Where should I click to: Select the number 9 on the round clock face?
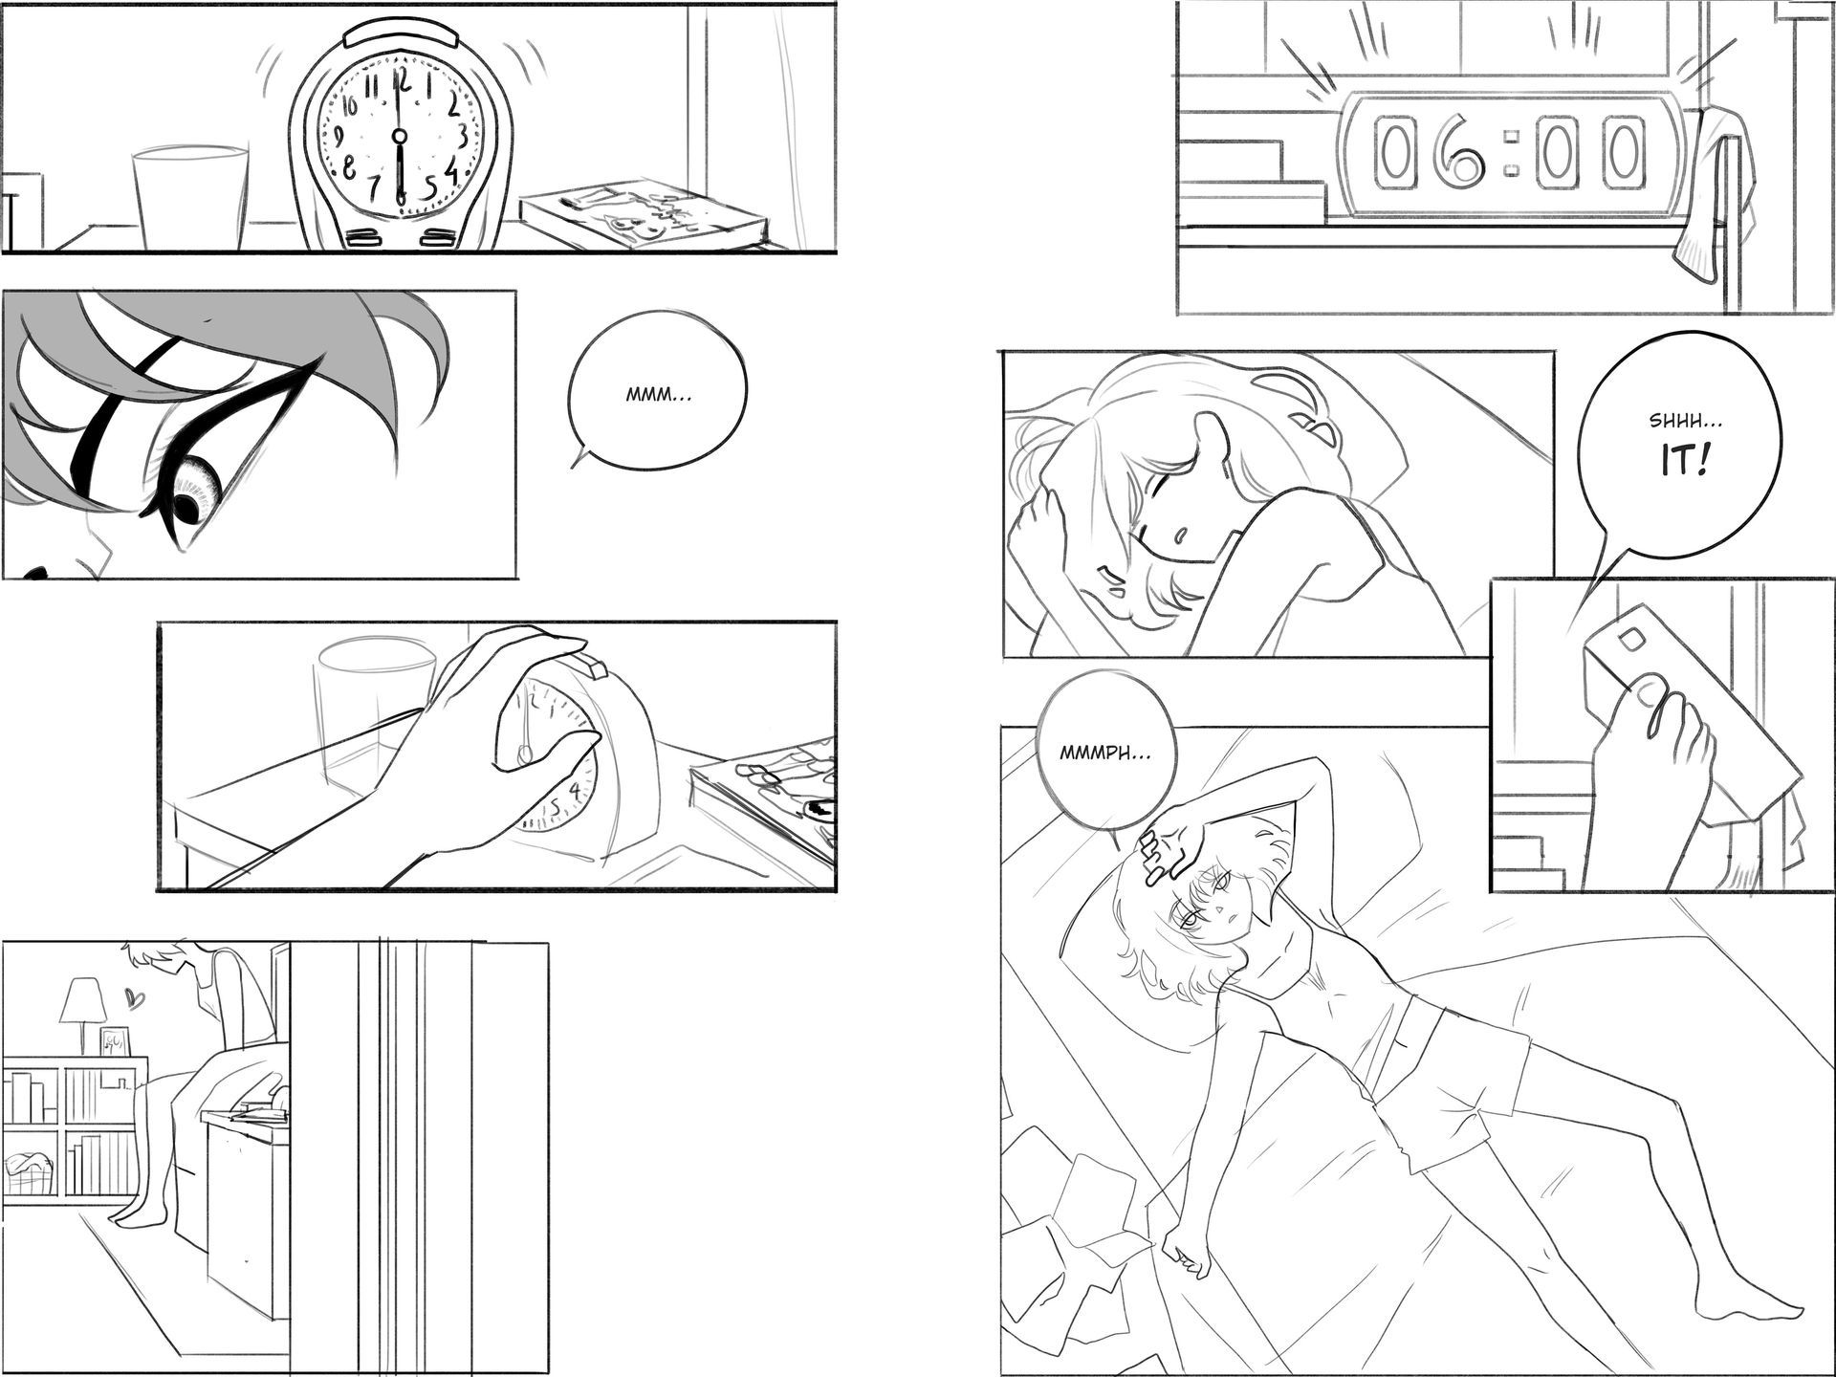(x=336, y=136)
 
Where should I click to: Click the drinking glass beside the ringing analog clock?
(x=190, y=197)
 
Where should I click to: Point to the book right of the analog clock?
(x=642, y=216)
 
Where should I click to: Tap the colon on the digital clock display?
(x=1511, y=153)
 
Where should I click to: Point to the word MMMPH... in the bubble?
(x=1105, y=753)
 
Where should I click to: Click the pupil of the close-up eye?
(x=191, y=508)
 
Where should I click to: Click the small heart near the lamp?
(x=136, y=1000)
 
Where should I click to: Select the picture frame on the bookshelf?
(x=115, y=1041)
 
